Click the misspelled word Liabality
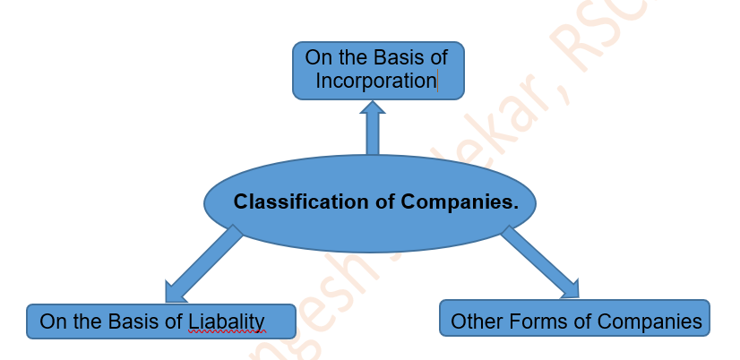coord(227,321)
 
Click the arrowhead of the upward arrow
coord(373,109)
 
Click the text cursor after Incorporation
coord(437,81)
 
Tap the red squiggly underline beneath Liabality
coord(227,332)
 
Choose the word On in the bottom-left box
coord(53,321)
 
